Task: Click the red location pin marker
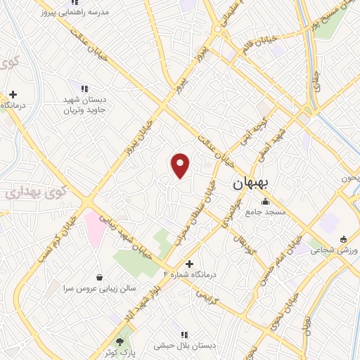tap(181, 165)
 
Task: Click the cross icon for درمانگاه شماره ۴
tap(189, 263)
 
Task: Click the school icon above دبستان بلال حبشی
tap(184, 335)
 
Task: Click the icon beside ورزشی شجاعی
tap(342, 239)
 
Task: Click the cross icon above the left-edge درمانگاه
tap(13, 94)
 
